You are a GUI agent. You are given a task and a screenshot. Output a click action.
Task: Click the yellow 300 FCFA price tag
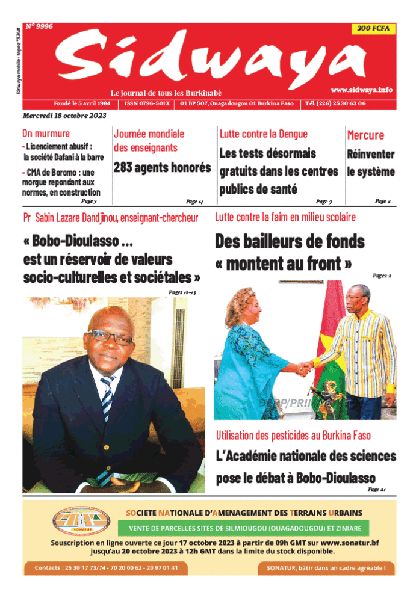point(373,29)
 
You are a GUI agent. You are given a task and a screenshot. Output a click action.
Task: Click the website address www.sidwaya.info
point(361,90)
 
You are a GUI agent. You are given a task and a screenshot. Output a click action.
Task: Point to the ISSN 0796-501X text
point(147,103)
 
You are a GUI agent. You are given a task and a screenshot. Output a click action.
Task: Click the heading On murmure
point(46,134)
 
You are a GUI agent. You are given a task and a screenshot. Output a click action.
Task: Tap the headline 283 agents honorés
point(162,168)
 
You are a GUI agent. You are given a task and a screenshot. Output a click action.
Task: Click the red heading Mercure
point(365,135)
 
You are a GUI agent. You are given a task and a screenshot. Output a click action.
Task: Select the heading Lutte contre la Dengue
point(263,134)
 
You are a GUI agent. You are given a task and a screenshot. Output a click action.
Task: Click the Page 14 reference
point(194,202)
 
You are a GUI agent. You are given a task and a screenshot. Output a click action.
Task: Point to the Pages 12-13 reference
point(182,292)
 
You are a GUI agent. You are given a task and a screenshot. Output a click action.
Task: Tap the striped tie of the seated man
point(107,398)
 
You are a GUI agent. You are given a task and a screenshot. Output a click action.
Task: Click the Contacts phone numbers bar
point(105,567)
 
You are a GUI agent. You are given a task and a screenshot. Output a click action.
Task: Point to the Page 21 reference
point(376,489)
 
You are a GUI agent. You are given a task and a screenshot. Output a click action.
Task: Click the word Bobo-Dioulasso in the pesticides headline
point(336,478)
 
